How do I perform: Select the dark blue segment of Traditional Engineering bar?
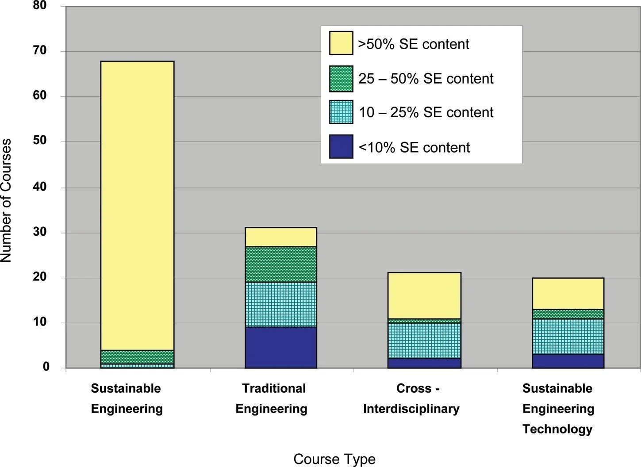tap(280, 348)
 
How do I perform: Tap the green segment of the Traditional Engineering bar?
tap(280, 264)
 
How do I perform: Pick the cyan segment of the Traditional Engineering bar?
tap(280, 305)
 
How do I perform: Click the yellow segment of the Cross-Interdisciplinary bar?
tap(424, 295)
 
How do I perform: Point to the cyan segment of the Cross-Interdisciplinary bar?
tap(424, 341)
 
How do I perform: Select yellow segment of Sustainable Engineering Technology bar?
tap(568, 294)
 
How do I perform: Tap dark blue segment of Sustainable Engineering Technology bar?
tap(568, 361)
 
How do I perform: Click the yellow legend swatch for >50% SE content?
tap(341, 43)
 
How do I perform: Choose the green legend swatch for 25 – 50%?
tap(341, 79)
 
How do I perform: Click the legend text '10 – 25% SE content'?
tap(426, 112)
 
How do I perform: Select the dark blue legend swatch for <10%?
tap(341, 146)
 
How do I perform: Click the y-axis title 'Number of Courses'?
tap(6, 200)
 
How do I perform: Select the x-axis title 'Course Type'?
tap(334, 459)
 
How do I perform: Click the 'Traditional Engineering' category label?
tap(272, 398)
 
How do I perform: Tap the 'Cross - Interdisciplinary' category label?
tap(411, 398)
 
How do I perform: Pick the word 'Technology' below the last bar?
tap(557, 429)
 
